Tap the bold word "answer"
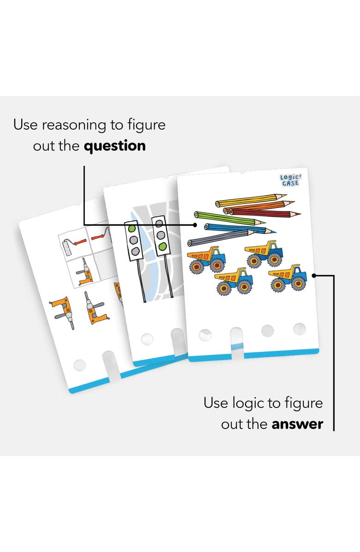point(297,424)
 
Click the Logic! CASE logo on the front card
point(290,180)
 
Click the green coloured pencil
point(229,219)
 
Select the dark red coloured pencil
point(265,212)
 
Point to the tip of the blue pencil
point(276,232)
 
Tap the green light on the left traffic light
point(132,228)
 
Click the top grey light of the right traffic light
point(159,223)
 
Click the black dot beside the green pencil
point(195,224)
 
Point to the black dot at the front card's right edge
point(314,276)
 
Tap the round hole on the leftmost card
point(80,366)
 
